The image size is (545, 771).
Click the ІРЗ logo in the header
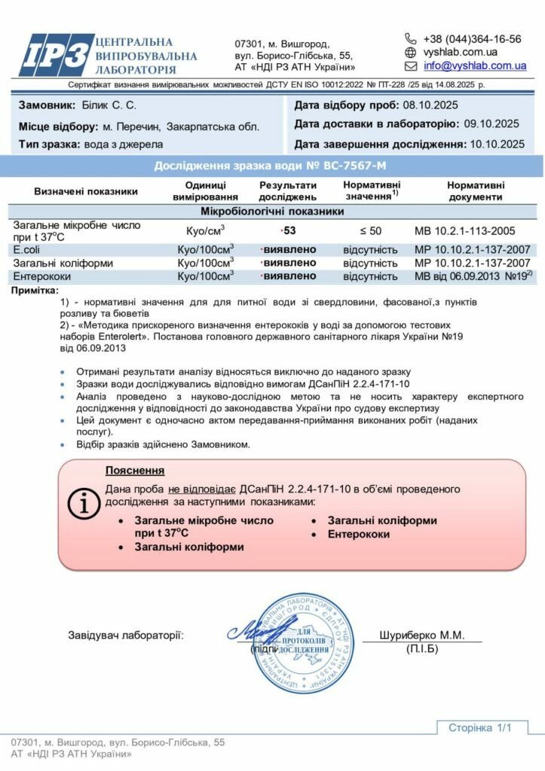coord(56,55)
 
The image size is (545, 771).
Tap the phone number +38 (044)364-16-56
coord(472,38)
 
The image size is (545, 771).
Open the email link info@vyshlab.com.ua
coord(475,66)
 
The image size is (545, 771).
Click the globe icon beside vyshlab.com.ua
coord(411,52)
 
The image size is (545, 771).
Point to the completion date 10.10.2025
coord(497,144)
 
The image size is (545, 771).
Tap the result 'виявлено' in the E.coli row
coord(289,249)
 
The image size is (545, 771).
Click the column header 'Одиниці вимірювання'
coord(205,191)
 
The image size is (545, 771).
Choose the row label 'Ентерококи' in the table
coord(43,276)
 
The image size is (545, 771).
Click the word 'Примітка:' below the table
coord(35,289)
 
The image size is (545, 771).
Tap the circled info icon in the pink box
coord(84,502)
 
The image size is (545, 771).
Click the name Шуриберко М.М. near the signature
coord(424,635)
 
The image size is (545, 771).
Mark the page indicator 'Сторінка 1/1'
coord(479,727)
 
